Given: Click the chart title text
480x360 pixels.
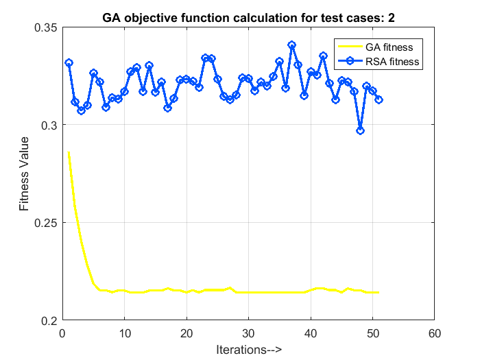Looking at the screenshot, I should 248,16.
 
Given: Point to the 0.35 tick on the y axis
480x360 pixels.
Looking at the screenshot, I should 45,27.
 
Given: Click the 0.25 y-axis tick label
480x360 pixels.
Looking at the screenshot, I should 45,223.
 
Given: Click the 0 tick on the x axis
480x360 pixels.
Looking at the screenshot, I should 62,333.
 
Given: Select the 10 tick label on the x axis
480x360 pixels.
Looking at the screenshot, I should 124,333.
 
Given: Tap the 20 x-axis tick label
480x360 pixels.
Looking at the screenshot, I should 187,333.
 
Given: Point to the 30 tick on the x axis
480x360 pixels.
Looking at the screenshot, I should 248,333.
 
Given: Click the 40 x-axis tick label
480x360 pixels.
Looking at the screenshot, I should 310,333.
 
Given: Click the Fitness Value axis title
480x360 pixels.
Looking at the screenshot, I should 24,173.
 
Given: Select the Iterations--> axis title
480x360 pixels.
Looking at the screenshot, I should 248,349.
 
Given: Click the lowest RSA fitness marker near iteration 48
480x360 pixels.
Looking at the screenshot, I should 360,130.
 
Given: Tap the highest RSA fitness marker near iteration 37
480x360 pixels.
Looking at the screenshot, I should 291,45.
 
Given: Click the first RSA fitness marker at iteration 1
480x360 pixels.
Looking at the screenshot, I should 69,62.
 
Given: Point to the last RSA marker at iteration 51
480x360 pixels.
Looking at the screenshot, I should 379,99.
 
